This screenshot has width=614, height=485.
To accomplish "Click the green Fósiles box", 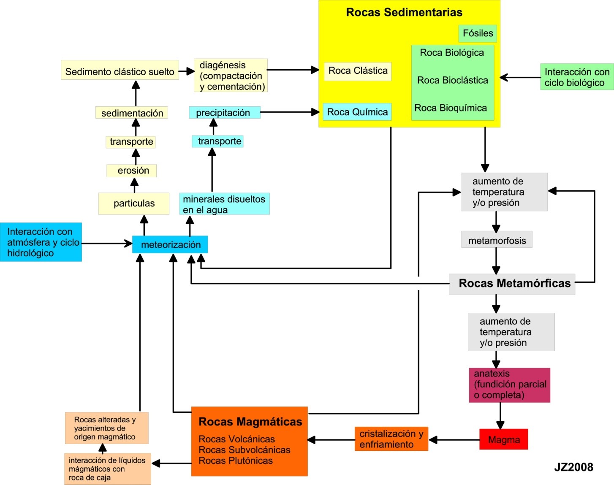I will [478, 33].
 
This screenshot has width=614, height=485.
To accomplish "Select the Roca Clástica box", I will [358, 71].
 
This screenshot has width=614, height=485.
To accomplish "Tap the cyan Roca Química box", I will [357, 112].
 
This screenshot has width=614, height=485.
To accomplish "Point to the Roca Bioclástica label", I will [452, 80].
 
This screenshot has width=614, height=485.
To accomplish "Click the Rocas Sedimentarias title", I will [404, 12].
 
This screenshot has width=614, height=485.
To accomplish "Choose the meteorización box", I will [170, 244].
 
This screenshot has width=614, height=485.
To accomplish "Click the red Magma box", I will [503, 439].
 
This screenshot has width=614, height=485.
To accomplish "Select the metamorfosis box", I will [497, 240].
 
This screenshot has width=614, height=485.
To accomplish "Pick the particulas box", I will [134, 203].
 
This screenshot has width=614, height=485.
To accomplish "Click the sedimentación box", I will [132, 113].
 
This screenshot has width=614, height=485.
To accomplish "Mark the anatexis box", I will [509, 385].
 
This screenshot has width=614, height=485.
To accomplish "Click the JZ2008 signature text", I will [573, 467].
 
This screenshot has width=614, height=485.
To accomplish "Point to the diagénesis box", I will [231, 76].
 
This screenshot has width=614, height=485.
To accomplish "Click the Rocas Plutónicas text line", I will [236, 461].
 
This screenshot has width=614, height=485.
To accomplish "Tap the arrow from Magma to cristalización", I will [454, 440].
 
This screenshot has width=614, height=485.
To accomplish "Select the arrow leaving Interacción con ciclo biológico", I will [520, 78].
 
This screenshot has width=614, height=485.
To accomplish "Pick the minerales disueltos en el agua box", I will [224, 204].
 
